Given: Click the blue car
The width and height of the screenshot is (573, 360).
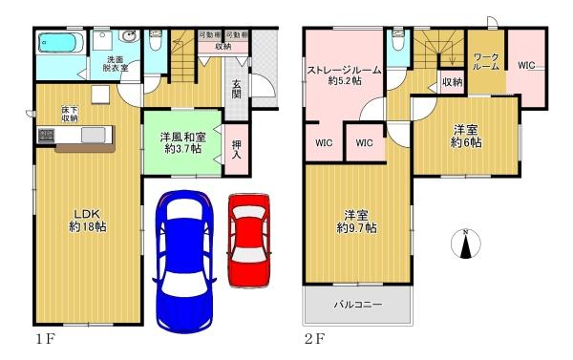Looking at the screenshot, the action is (184, 262).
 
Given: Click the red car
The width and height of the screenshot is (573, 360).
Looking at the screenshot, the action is (249, 241).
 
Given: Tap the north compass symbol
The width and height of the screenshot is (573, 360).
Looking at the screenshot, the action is (466, 244).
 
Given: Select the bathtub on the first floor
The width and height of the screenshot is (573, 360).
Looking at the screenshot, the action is (61, 43).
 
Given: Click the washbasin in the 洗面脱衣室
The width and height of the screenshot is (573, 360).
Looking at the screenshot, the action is (129, 36).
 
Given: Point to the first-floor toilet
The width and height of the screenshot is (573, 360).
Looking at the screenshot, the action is (156, 40).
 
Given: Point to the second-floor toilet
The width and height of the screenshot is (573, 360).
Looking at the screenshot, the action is (397, 40).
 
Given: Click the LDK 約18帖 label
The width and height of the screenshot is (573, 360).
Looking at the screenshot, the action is (88, 221).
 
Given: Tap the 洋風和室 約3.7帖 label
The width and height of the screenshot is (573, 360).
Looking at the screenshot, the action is (182, 143).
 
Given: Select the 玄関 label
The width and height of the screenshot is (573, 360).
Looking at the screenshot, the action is (237, 89).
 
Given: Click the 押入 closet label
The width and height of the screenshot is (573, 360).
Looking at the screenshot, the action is (237, 150).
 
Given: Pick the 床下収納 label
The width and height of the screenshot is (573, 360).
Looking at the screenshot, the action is (70, 114).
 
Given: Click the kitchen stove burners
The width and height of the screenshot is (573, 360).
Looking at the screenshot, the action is (46, 136).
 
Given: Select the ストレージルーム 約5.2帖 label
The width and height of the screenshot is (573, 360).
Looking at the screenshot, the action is (344, 75).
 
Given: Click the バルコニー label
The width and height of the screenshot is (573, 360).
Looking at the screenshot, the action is (358, 304).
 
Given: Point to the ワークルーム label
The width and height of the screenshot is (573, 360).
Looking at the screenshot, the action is (486, 62).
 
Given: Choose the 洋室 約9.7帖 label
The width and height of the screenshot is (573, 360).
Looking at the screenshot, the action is (356, 222).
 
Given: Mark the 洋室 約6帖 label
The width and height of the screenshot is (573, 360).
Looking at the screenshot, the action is (466, 137).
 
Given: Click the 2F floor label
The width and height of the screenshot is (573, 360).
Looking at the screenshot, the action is (314, 340).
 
